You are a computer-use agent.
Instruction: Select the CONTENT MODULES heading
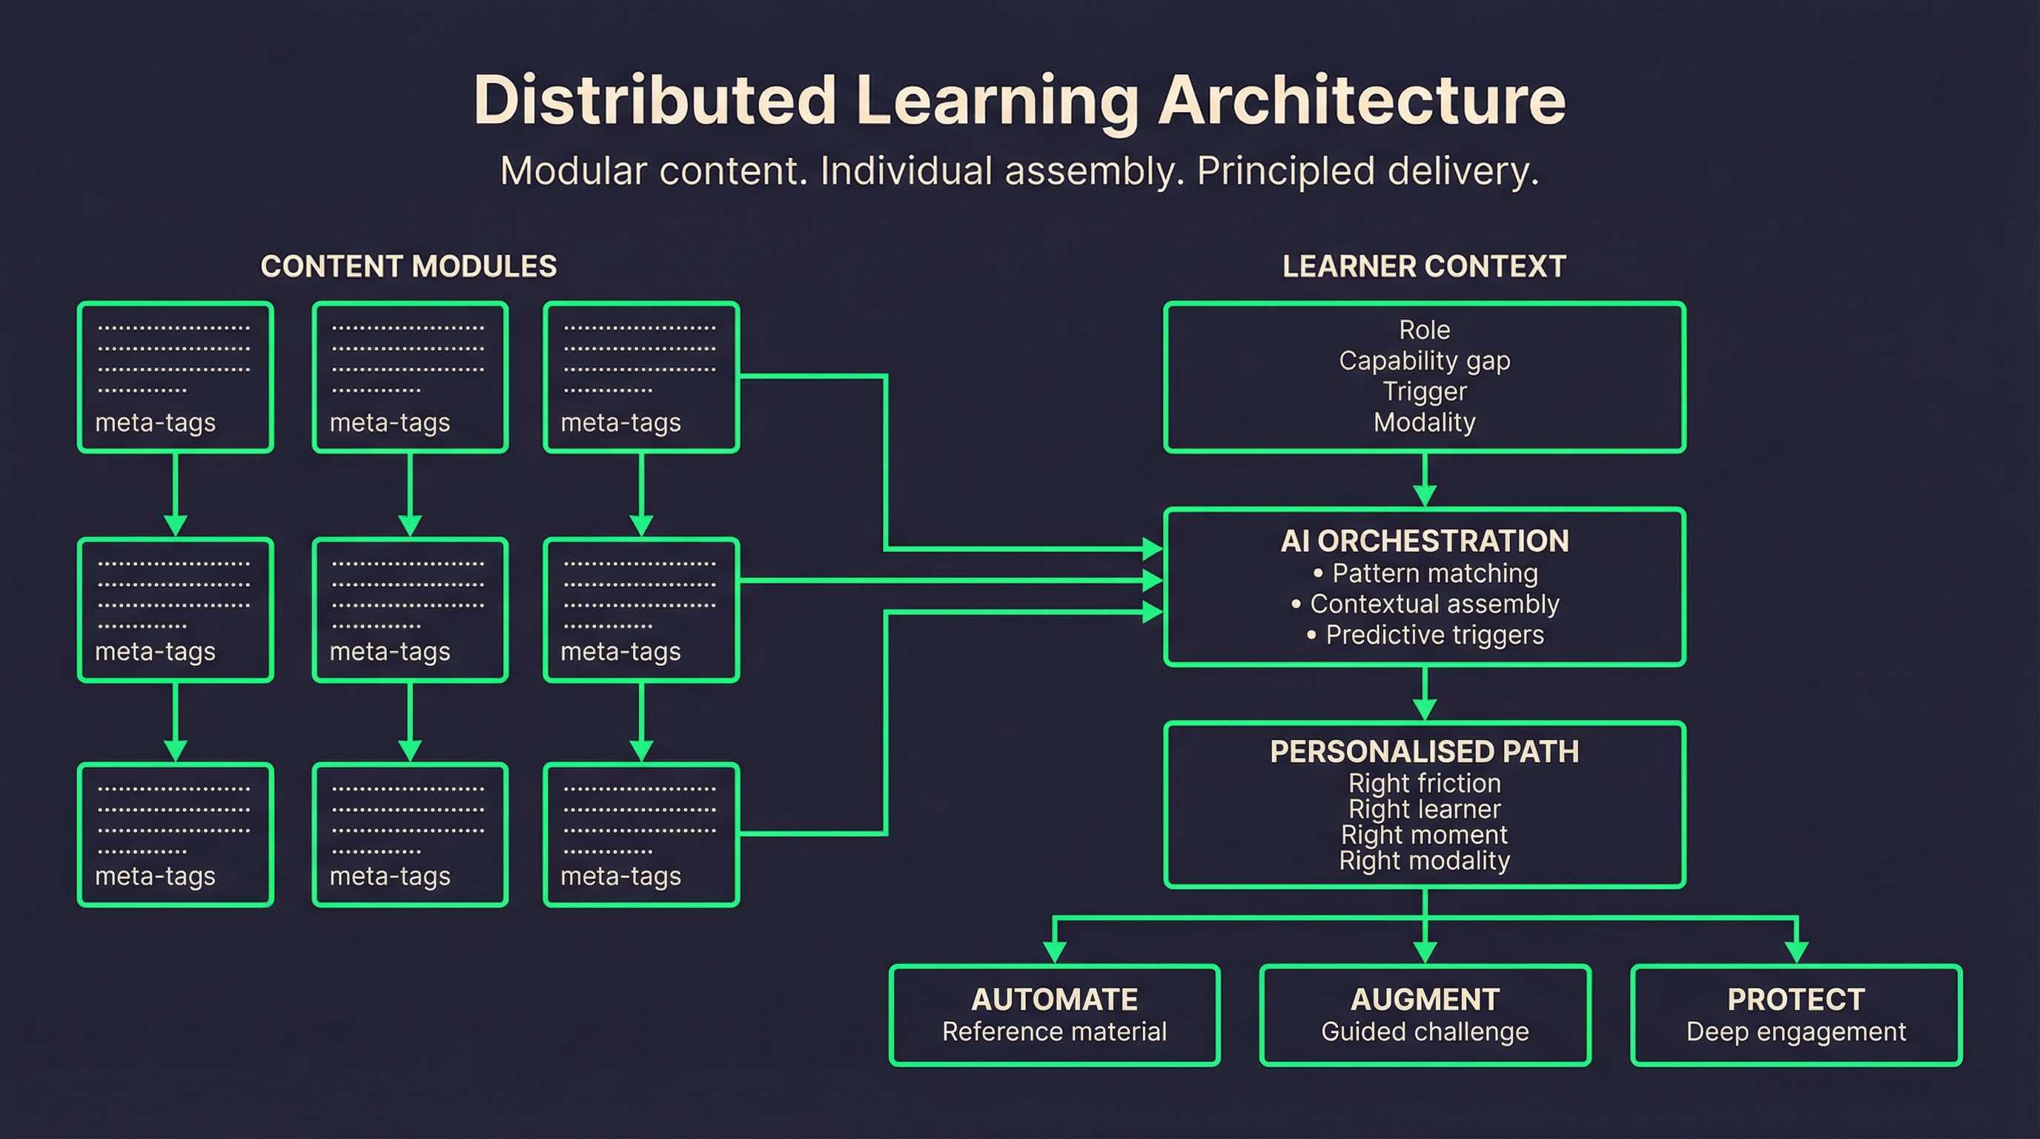(408, 267)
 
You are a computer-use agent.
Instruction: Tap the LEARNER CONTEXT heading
(1424, 267)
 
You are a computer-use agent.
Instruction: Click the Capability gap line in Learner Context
(1424, 361)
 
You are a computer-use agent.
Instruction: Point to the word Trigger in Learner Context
(1424, 392)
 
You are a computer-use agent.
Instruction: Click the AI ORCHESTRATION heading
(1424, 542)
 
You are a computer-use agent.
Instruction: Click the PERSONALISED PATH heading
(1424, 752)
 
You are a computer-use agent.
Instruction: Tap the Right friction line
(1424, 783)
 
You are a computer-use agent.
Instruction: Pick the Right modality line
(1424, 861)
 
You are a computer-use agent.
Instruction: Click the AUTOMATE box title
(1054, 1000)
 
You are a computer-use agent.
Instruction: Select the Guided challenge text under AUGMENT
(1424, 1032)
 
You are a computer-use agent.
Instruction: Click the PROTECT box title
(1795, 1000)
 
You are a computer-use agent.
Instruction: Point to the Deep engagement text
(1795, 1032)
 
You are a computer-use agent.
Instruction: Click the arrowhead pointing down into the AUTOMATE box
(1054, 951)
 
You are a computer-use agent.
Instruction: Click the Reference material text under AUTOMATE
(1054, 1032)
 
